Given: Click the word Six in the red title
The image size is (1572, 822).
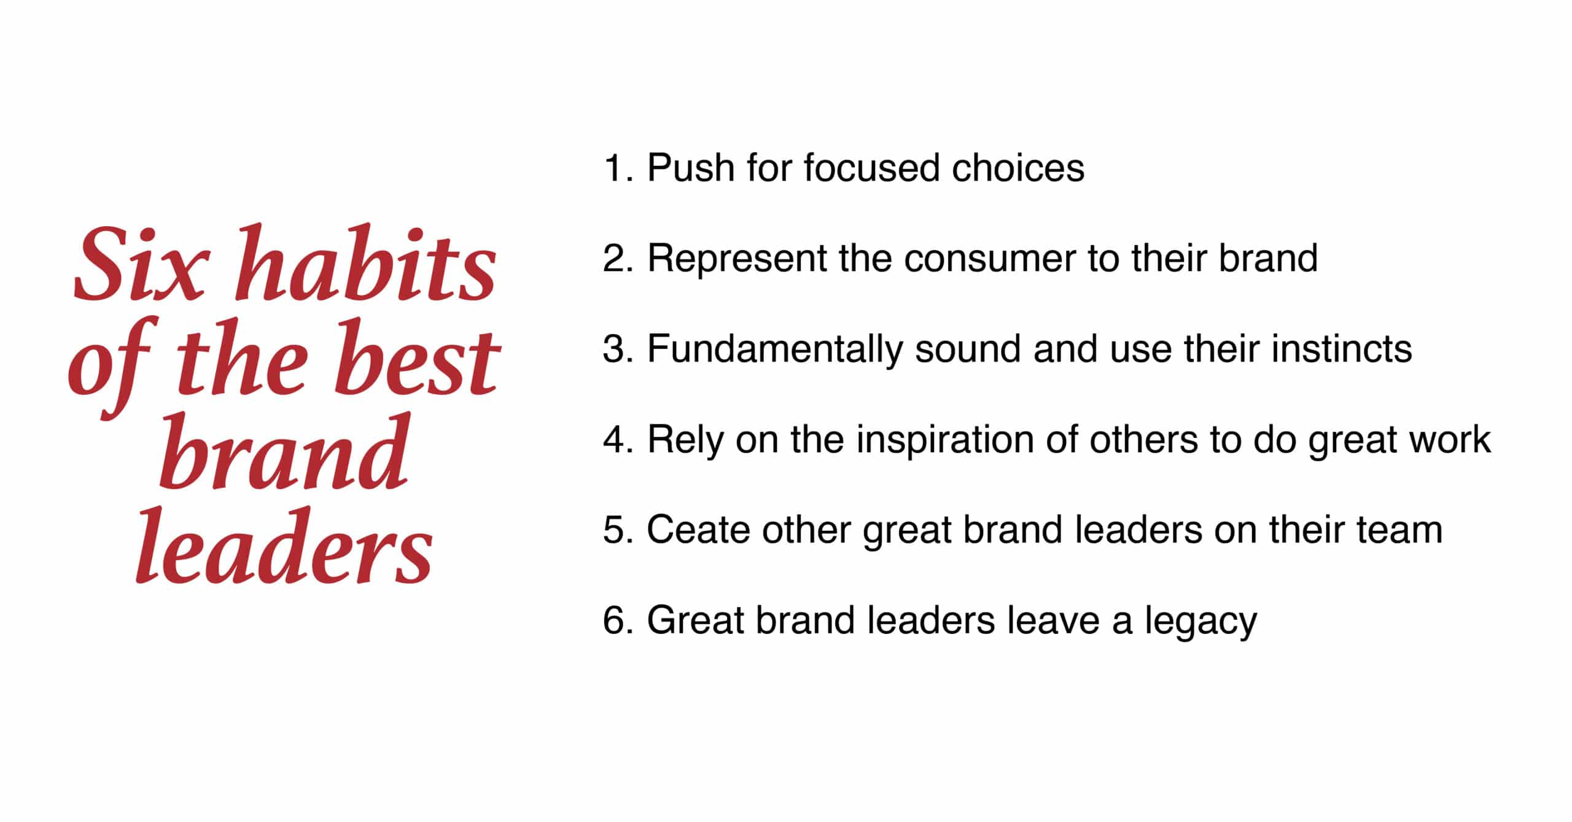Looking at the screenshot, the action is click(x=138, y=265).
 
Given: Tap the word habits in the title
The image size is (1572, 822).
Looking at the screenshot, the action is click(x=365, y=262).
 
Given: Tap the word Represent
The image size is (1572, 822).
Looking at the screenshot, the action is click(x=737, y=258).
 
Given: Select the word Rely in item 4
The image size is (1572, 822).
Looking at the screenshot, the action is click(x=685, y=440).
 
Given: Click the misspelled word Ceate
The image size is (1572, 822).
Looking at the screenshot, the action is click(x=698, y=530).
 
